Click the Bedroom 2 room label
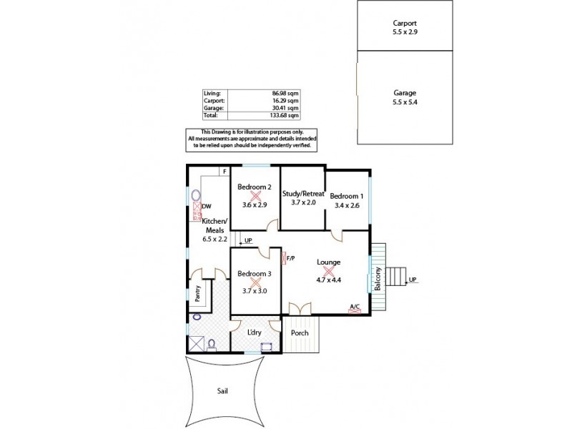point(255,187)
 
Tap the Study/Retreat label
point(303,194)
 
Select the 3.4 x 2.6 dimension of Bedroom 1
point(347,205)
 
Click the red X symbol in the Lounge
point(329,271)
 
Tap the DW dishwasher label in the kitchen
point(207,207)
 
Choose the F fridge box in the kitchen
point(224,172)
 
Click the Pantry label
point(197,295)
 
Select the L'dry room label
point(254,333)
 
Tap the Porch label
point(300,333)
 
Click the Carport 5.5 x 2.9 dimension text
point(404,32)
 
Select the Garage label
point(404,93)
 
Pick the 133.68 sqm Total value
point(286,114)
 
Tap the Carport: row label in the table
point(214,101)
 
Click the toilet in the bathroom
point(212,345)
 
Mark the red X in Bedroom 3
point(255,282)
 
